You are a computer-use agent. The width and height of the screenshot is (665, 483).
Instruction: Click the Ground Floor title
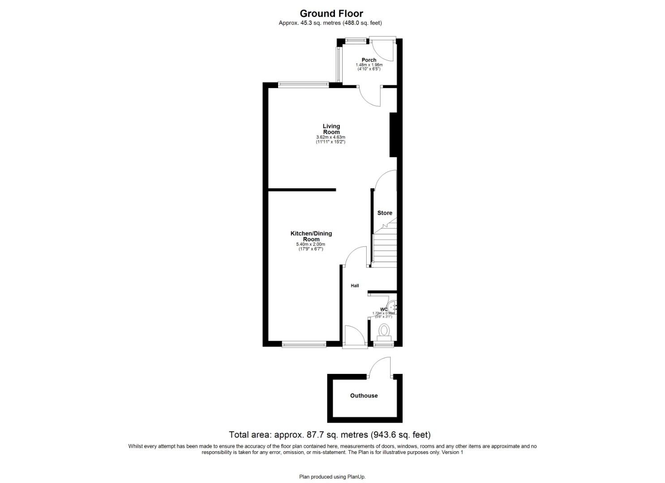click(331, 13)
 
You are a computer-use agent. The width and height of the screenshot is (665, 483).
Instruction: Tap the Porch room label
click(369, 60)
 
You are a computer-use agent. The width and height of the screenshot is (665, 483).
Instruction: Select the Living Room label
click(331, 129)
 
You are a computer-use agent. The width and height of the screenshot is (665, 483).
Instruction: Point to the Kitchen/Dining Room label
click(311, 236)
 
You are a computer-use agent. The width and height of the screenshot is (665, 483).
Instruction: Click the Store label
click(385, 213)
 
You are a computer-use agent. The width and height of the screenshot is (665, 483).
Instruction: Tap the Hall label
click(355, 286)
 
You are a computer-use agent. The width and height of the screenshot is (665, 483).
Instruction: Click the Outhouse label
click(364, 396)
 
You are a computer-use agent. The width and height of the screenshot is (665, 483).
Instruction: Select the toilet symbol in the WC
click(384, 331)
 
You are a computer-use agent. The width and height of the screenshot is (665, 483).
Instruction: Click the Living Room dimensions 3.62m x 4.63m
click(330, 137)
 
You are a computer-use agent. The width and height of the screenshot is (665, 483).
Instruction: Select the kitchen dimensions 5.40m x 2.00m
click(310, 245)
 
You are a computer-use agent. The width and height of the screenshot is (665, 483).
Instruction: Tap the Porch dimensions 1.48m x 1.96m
click(369, 65)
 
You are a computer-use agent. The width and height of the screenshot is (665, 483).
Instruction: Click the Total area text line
click(330, 435)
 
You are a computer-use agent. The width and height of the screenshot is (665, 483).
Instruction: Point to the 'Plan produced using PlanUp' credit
click(332, 477)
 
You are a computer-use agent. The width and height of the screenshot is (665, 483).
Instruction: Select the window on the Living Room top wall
click(303, 84)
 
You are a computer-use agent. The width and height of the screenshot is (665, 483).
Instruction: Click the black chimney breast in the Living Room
click(393, 135)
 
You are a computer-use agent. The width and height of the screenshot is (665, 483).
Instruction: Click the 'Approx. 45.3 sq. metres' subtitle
click(330, 23)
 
